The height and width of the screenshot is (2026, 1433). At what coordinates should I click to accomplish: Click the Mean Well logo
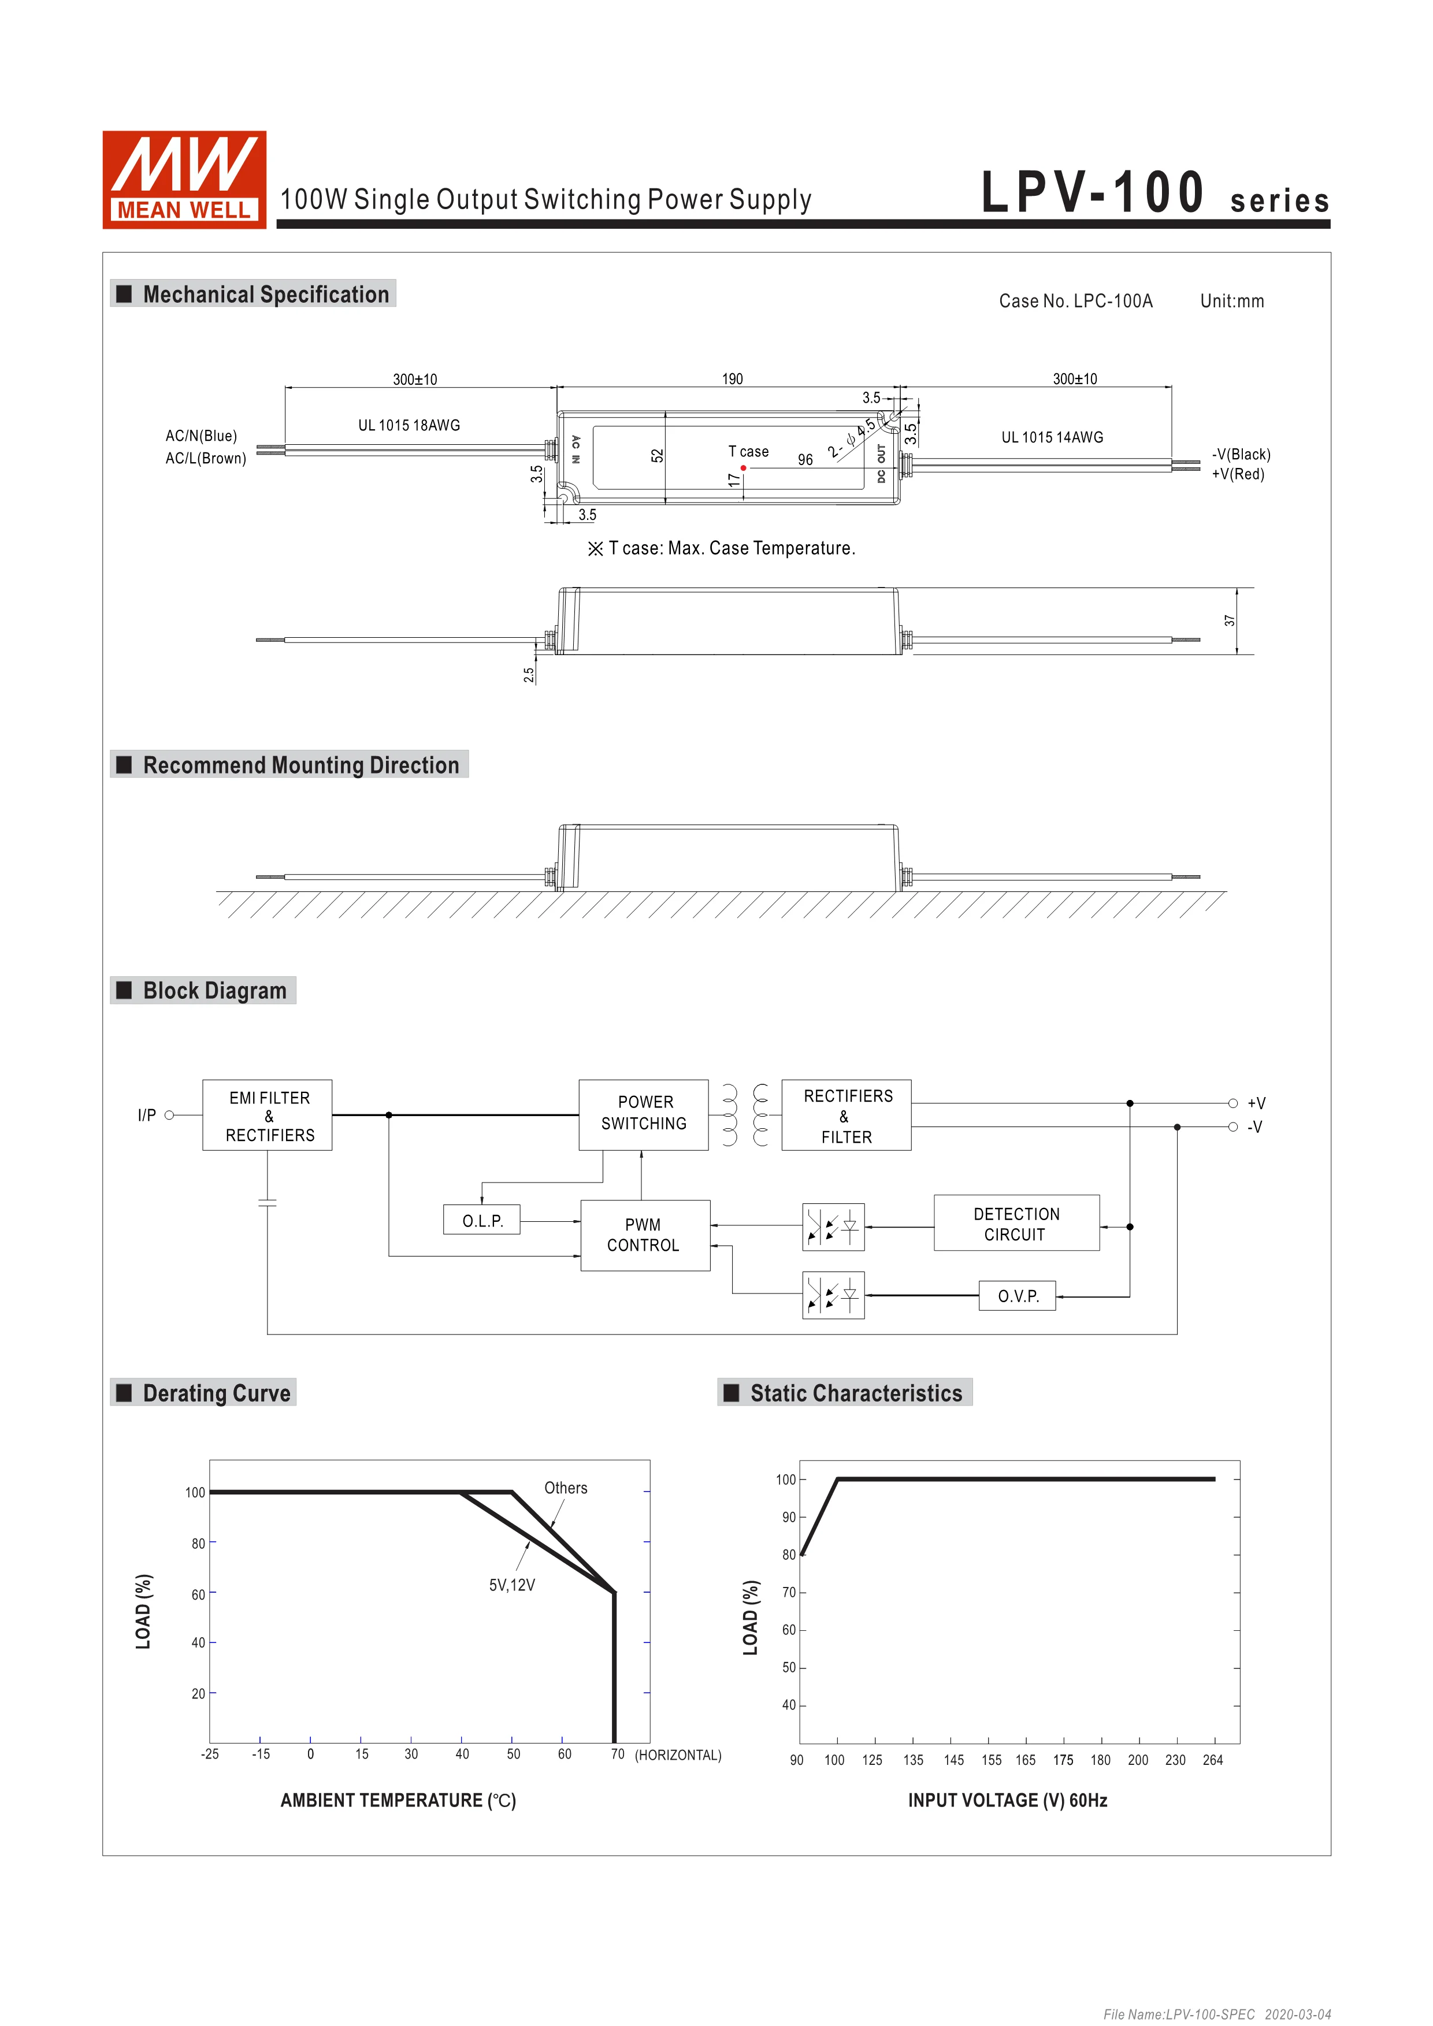184,180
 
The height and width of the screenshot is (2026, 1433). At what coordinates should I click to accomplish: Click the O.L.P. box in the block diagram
482,1220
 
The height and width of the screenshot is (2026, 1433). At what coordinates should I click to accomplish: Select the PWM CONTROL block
644,1235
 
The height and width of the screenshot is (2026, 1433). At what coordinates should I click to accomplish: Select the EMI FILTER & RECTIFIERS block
268,1116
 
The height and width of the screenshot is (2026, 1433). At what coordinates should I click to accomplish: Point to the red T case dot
744,468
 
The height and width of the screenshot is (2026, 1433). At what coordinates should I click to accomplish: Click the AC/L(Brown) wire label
206,459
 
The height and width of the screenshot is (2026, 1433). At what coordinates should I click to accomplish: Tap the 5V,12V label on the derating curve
512,1585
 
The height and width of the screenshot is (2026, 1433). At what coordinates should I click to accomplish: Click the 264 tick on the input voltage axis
1212,1760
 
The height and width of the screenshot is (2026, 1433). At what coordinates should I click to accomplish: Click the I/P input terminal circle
169,1116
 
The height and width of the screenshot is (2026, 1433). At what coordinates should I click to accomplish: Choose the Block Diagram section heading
214,991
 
